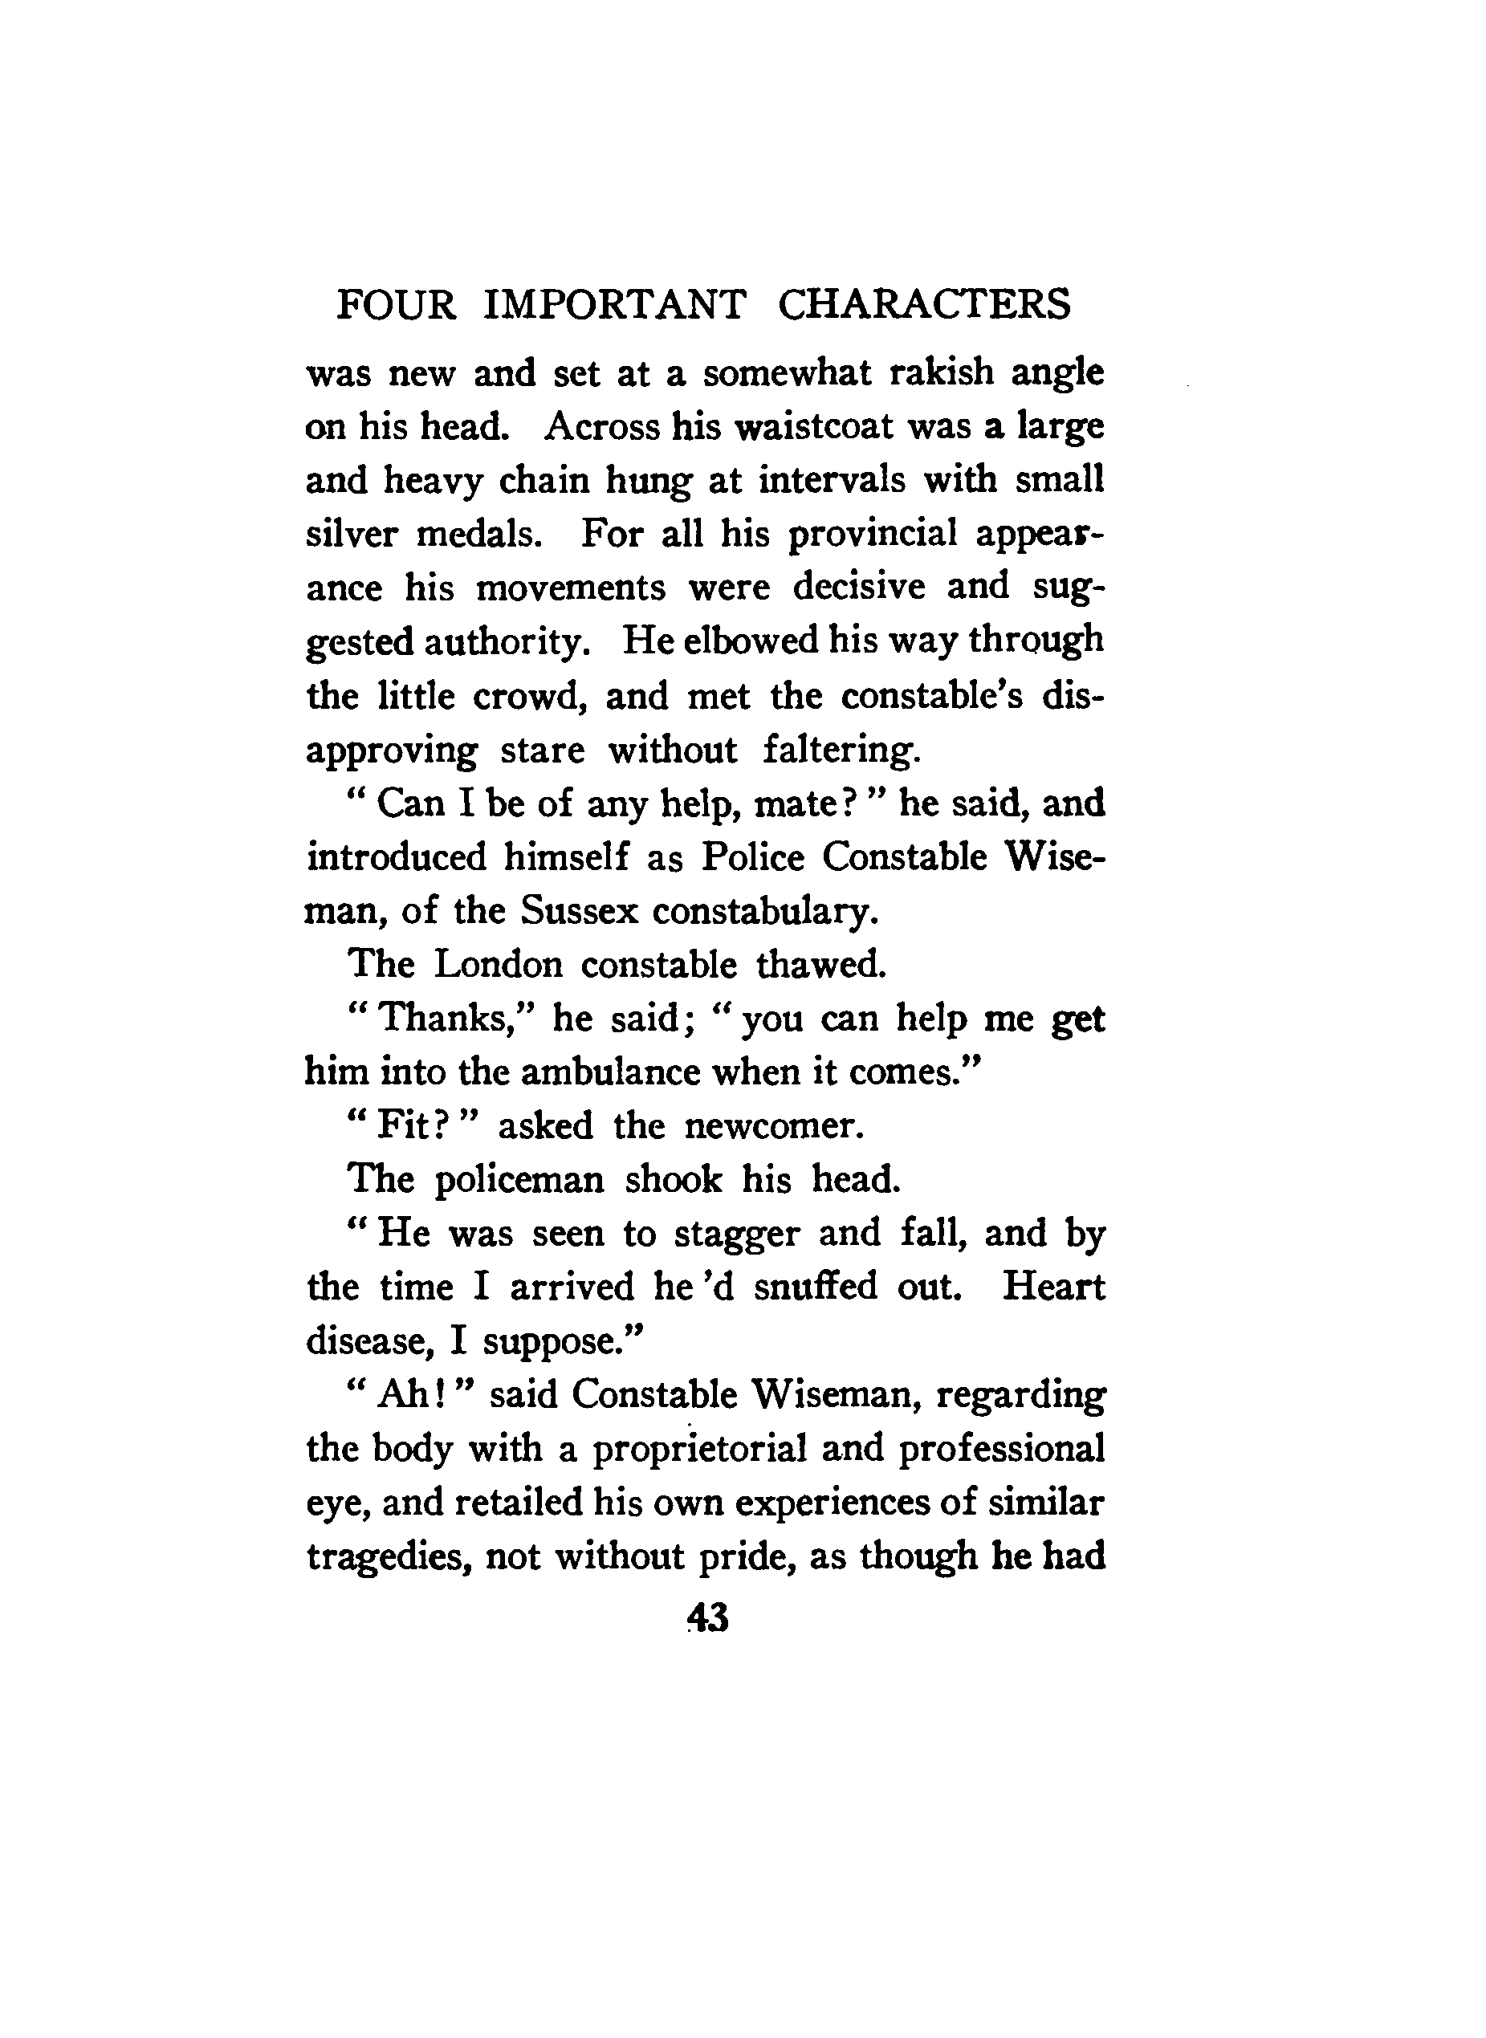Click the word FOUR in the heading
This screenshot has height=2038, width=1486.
point(396,305)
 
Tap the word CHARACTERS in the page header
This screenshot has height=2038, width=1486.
point(924,305)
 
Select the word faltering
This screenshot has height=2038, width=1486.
point(842,749)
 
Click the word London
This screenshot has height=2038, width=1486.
point(498,965)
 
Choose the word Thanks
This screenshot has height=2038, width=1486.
point(448,1019)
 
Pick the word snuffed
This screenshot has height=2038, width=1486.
point(815,1286)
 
